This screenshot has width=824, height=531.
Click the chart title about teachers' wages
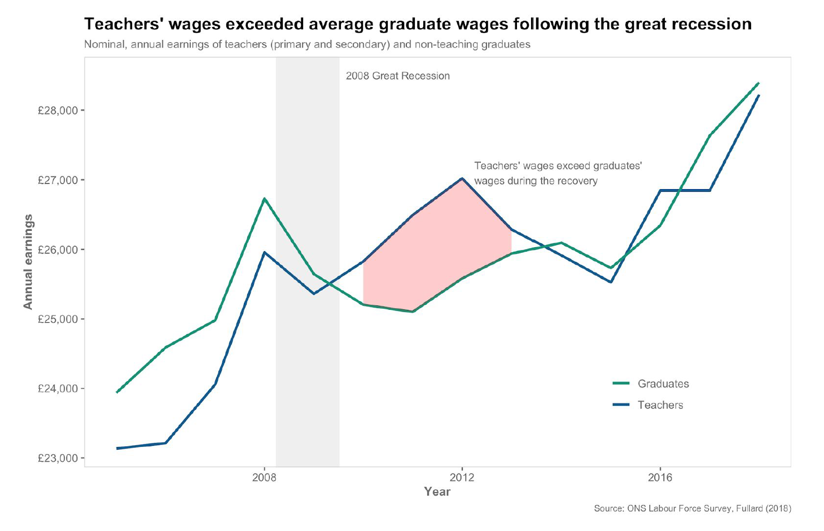tap(418, 24)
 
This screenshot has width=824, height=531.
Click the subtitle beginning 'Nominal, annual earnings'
tap(307, 44)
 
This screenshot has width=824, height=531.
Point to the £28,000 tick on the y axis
tap(58, 111)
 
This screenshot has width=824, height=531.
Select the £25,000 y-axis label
tap(58, 319)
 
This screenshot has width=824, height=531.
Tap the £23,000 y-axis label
tap(58, 458)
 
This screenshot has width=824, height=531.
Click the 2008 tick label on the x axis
tap(264, 478)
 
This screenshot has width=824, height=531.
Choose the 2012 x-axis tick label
tap(462, 478)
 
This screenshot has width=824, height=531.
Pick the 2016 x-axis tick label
tap(660, 478)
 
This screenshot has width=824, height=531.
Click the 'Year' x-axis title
tap(437, 491)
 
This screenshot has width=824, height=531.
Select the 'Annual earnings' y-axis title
tap(28, 262)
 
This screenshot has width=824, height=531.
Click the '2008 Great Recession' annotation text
tap(398, 76)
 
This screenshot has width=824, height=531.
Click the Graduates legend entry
tap(663, 384)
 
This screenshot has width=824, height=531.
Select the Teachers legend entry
tap(660, 405)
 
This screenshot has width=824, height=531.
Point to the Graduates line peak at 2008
tap(264, 199)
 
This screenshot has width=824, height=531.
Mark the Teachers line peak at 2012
tap(462, 178)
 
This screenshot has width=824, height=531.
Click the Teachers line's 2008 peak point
tap(264, 252)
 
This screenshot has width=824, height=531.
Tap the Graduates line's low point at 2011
tap(413, 311)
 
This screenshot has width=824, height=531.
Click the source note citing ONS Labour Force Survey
tap(692, 508)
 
